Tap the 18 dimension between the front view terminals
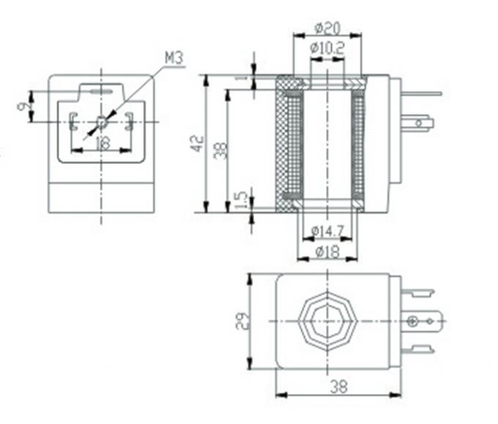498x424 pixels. (x=102, y=144)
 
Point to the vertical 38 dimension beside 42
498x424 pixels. (x=219, y=149)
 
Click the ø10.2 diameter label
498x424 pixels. (x=327, y=48)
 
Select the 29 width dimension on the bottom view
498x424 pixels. (x=240, y=321)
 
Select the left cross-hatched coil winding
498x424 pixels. (x=286, y=141)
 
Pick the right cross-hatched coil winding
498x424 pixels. (x=358, y=141)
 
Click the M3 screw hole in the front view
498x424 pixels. (x=101, y=121)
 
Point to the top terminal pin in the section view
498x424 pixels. (x=421, y=94)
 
